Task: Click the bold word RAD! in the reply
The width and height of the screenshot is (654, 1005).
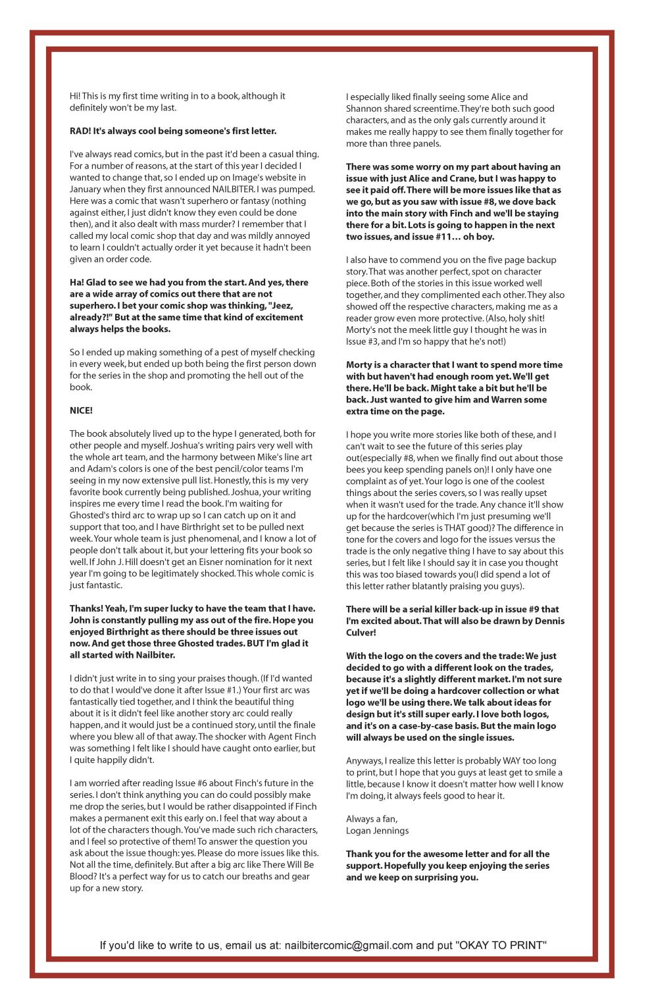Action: click(80, 131)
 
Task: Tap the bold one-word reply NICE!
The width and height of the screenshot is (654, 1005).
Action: click(81, 410)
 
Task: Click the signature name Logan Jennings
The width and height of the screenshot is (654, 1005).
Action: click(377, 831)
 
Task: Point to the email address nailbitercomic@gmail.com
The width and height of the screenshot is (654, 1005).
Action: click(349, 945)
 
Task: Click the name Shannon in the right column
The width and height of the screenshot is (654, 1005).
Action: click(363, 109)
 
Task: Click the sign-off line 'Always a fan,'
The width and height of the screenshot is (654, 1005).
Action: click(372, 819)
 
